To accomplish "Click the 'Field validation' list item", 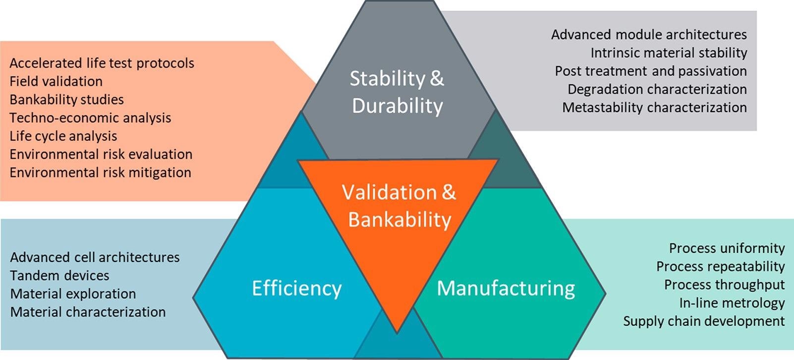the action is click(x=56, y=82).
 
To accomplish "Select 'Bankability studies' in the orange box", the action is click(x=66, y=100).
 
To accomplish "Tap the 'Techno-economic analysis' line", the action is click(x=90, y=118).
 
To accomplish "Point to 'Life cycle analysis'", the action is click(x=63, y=136).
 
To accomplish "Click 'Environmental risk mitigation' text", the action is click(x=100, y=173).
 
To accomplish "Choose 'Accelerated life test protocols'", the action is click(x=102, y=63).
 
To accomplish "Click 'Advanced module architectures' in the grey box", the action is click(x=649, y=35).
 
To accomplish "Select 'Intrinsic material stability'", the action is click(x=669, y=53).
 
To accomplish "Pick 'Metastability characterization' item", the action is click(x=655, y=108).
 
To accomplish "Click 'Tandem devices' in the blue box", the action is click(x=59, y=276).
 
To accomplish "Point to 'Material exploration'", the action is click(x=73, y=294).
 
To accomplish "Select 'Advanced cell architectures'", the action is click(x=95, y=257).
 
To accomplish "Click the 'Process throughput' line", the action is click(x=725, y=285).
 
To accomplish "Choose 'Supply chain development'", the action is click(x=704, y=321).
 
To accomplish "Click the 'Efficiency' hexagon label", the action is click(x=297, y=289).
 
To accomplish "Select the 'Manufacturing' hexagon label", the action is click(x=506, y=289).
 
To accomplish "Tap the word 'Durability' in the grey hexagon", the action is click(x=397, y=106).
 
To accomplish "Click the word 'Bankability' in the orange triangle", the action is click(x=399, y=220).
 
